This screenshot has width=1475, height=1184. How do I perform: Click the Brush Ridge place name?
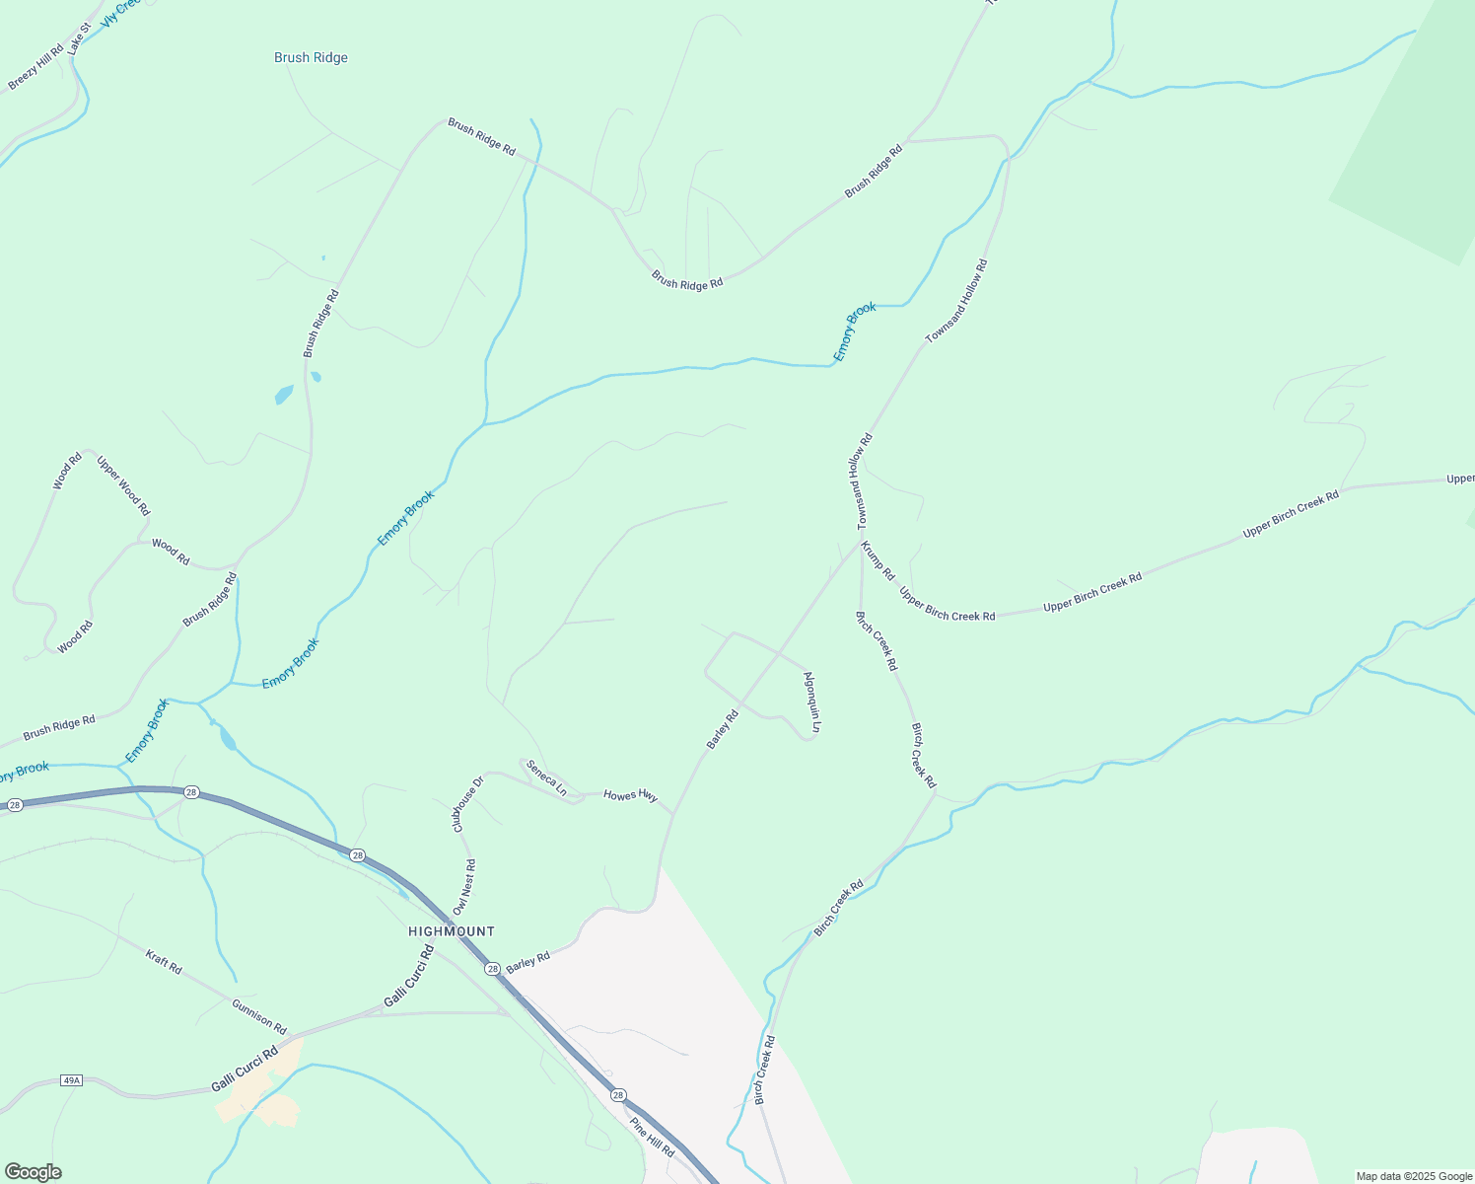tap(311, 58)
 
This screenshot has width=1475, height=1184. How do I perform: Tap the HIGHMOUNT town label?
tap(452, 931)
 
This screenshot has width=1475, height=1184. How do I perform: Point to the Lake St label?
tap(79, 38)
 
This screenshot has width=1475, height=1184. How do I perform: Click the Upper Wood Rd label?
tap(123, 484)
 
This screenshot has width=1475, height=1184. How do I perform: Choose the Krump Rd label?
tap(878, 560)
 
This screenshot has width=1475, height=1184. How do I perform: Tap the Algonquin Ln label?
tap(811, 702)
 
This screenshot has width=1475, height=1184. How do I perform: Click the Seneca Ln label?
tap(546, 777)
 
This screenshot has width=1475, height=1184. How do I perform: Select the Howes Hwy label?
tap(630, 795)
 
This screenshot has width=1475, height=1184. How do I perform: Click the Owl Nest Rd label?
tap(464, 886)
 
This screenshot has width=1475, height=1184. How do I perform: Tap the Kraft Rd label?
tap(164, 962)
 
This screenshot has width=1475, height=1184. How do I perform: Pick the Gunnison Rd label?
tap(259, 1015)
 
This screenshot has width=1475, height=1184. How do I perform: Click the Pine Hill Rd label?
tap(652, 1138)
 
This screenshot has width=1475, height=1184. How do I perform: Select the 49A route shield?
tap(71, 1080)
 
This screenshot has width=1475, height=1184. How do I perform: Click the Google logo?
tap(33, 1172)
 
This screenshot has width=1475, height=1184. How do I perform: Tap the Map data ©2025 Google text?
tap(1414, 1176)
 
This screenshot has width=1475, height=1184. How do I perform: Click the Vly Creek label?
tap(120, 12)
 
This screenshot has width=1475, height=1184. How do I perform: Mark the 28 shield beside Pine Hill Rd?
tap(617, 1095)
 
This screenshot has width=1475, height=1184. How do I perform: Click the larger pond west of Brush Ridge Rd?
tap(284, 395)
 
